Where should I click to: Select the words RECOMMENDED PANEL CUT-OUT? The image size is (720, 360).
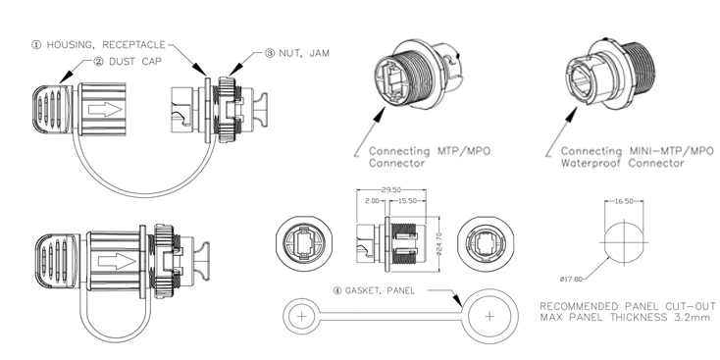(616, 307)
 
